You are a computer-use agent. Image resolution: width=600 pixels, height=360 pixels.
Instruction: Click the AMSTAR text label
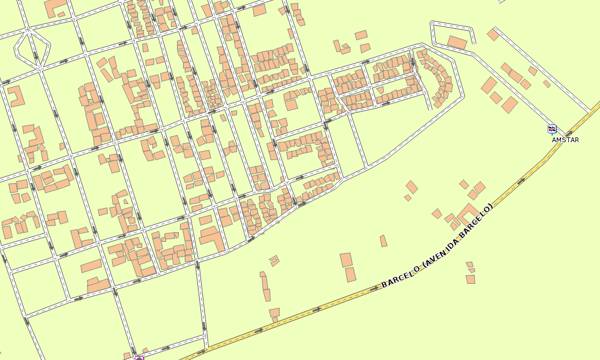[x=565, y=140]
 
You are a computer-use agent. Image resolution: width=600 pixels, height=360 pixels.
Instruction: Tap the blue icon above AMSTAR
[x=552, y=128]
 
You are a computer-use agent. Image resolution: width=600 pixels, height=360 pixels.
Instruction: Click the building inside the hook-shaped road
[x=457, y=43]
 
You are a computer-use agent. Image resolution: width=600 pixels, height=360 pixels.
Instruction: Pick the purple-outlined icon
[x=139, y=358]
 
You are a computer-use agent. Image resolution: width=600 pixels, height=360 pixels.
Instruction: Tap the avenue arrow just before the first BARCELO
[x=374, y=287]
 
